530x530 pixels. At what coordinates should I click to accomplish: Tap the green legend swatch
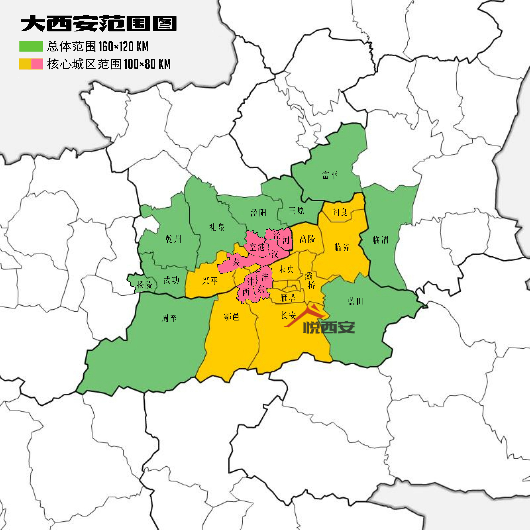31,46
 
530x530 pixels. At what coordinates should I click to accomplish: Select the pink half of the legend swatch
37,64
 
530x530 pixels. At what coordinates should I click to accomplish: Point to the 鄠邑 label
232,317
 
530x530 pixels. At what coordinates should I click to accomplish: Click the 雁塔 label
288,298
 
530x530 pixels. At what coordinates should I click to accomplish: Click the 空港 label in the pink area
257,247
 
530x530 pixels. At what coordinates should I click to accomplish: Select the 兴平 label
210,281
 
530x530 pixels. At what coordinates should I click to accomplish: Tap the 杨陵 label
144,284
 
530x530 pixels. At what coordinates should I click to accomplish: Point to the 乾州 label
173,239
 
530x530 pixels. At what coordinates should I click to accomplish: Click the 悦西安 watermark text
329,327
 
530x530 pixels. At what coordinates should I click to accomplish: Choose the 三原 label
296,210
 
